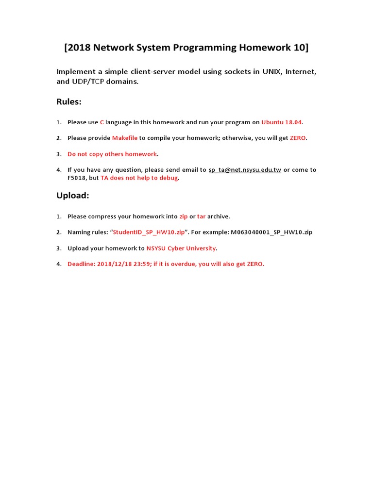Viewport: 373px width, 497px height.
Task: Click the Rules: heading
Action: click(x=69, y=101)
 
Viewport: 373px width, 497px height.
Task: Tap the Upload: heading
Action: click(x=73, y=196)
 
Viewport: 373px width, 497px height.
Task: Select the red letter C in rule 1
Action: click(x=102, y=122)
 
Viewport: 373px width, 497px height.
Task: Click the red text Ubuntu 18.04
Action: click(x=282, y=122)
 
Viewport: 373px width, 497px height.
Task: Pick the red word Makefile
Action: click(x=125, y=138)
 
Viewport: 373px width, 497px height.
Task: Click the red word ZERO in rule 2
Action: click(x=298, y=138)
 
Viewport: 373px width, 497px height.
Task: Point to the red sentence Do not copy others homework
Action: click(x=112, y=154)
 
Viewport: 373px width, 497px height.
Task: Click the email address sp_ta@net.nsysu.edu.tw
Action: click(x=245, y=170)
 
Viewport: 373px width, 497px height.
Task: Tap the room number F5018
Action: click(x=77, y=178)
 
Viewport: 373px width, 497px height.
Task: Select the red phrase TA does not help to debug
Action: click(x=139, y=178)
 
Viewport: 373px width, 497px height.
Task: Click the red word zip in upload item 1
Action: click(x=184, y=216)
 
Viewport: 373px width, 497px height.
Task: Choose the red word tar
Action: click(x=202, y=216)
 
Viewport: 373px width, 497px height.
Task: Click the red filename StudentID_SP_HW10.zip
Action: click(x=149, y=232)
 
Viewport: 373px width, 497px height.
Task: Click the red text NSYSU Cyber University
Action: click(x=181, y=248)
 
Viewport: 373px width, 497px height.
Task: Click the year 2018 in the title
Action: click(x=80, y=48)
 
